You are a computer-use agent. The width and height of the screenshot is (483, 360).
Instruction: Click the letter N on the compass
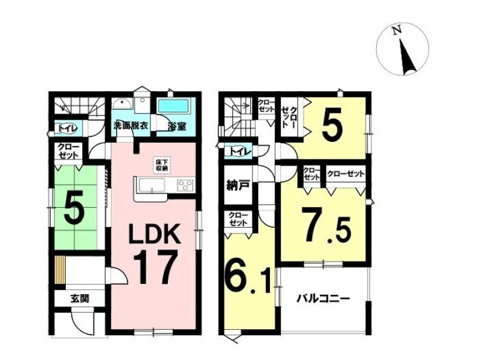[397, 31]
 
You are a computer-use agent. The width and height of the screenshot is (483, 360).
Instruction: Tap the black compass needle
[407, 56]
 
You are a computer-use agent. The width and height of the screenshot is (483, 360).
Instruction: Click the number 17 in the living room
[156, 267]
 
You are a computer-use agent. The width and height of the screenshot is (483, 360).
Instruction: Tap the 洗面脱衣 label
[130, 126]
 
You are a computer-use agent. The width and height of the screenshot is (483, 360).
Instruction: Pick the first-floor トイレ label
[66, 129]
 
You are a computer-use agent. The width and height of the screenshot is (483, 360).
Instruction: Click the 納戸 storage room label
[237, 185]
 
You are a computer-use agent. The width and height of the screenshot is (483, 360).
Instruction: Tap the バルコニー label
[323, 299]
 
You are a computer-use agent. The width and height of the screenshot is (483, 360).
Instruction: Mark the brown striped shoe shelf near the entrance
[60, 269]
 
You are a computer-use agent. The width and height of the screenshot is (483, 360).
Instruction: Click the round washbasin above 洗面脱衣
[123, 103]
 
